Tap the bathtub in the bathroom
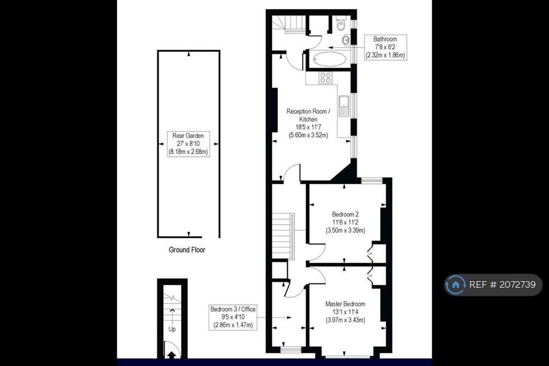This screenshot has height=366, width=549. tap(330, 58)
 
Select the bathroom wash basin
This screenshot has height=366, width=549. tap(346, 40)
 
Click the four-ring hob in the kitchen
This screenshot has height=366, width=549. tap(325, 78)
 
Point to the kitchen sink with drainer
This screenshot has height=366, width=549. tap(344, 106)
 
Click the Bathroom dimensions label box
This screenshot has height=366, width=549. tap(385, 47)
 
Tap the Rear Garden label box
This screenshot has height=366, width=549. tap(188, 144)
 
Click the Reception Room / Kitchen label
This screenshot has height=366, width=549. tap(308, 123)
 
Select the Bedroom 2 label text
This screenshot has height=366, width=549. tap(345, 222)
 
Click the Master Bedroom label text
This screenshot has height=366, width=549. tap(345, 312)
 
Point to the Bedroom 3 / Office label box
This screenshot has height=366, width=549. tap(233, 317)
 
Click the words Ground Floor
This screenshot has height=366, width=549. tap(187, 250)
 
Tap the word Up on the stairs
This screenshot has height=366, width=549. tap(172, 329)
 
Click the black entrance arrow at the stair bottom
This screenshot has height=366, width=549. tap(172, 355)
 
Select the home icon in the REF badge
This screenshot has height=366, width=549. tap(456, 284)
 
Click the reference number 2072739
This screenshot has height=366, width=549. tap(517, 284)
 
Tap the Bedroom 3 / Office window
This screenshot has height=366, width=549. tap(291, 349)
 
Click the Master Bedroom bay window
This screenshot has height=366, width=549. tap(347, 357)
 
